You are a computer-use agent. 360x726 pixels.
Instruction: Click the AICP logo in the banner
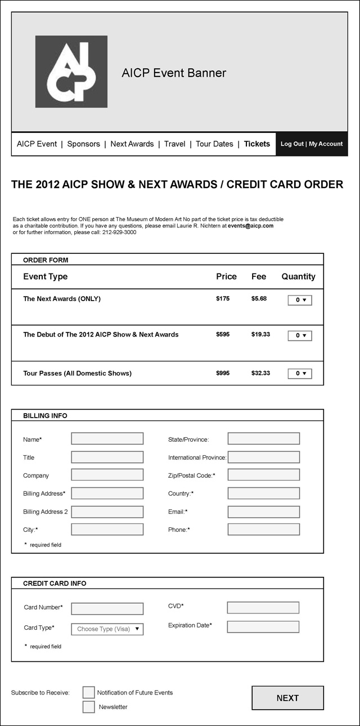(x=71, y=71)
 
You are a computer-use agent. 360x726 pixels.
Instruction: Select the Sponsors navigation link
(x=83, y=144)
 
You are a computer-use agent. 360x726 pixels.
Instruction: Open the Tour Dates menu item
(x=214, y=144)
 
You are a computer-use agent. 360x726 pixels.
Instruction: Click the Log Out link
(x=292, y=144)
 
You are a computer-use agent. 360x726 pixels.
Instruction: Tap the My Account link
(x=326, y=144)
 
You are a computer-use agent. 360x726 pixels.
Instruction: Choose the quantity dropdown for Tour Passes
(x=300, y=373)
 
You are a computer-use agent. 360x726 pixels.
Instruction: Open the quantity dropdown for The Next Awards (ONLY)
(x=300, y=300)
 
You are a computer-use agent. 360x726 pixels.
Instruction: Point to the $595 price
(x=223, y=334)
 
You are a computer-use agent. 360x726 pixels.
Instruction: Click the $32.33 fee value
(x=260, y=373)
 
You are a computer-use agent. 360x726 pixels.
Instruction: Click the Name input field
(x=107, y=439)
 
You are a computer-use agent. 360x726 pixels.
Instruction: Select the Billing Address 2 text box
(x=107, y=512)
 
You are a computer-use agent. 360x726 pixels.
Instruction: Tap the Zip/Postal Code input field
(x=264, y=475)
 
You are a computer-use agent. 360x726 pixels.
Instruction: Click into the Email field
(x=264, y=512)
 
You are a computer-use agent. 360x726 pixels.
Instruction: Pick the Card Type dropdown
(x=107, y=629)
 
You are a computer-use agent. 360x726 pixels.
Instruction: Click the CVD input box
(x=263, y=608)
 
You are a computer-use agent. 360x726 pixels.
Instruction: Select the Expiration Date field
(x=263, y=626)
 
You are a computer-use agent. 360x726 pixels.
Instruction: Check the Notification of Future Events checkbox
(x=89, y=692)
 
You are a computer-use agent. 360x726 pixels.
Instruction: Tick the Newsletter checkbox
(x=89, y=707)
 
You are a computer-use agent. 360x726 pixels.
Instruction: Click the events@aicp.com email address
(x=250, y=226)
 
